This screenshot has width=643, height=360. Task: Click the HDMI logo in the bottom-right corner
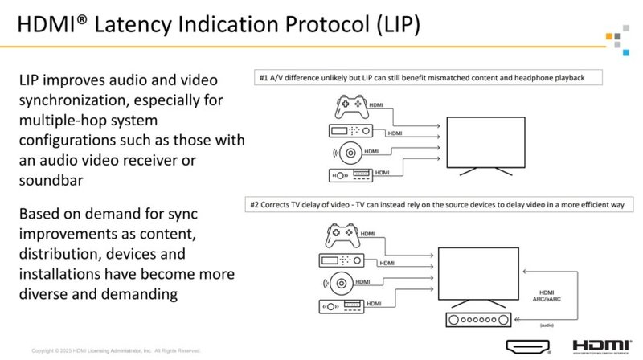pyautogui.click(x=603, y=346)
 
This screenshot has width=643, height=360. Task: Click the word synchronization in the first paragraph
pyautogui.click(x=88, y=103)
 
